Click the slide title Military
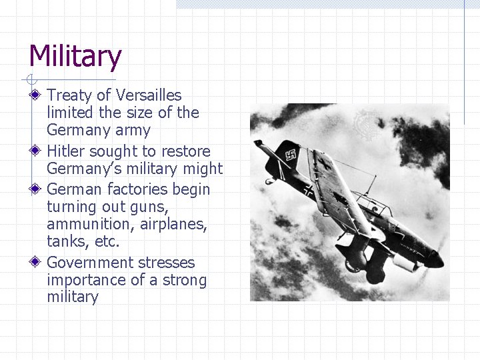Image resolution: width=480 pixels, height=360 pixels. pyautogui.click(x=75, y=57)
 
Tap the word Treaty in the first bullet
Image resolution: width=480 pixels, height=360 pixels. pyautogui.click(x=69, y=95)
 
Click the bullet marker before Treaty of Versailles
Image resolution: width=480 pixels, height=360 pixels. pyautogui.click(x=35, y=95)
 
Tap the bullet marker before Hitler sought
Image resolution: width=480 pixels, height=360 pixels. pyautogui.click(x=35, y=151)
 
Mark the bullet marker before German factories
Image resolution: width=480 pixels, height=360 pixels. pyautogui.click(x=35, y=189)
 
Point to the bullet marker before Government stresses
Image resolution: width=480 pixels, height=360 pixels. pyautogui.click(x=35, y=263)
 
